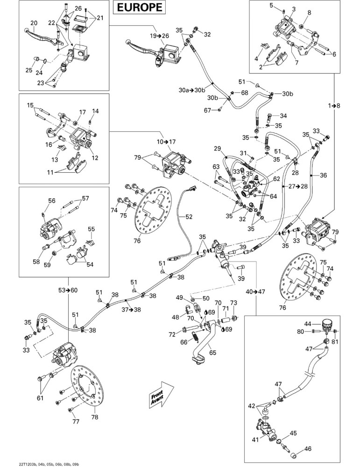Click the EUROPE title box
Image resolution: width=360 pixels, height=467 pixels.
139,7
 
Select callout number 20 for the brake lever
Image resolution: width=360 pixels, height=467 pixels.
34,23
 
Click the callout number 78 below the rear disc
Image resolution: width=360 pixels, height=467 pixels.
95,417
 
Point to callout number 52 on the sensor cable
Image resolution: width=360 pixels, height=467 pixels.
189,217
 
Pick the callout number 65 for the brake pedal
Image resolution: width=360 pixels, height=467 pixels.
212,353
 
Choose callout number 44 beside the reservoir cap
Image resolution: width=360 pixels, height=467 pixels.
308,324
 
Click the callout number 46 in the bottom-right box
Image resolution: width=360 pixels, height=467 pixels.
308,448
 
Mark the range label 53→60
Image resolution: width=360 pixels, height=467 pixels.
68,290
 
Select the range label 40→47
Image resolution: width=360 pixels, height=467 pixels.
255,291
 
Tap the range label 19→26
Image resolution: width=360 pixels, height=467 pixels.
159,36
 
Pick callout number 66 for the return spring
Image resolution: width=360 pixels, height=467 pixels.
184,342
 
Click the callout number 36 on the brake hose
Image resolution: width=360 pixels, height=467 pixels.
323,175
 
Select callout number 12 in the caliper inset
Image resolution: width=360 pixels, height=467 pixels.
95,157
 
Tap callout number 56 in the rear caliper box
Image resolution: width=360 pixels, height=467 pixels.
52,201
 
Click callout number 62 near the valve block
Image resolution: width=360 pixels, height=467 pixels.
276,179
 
